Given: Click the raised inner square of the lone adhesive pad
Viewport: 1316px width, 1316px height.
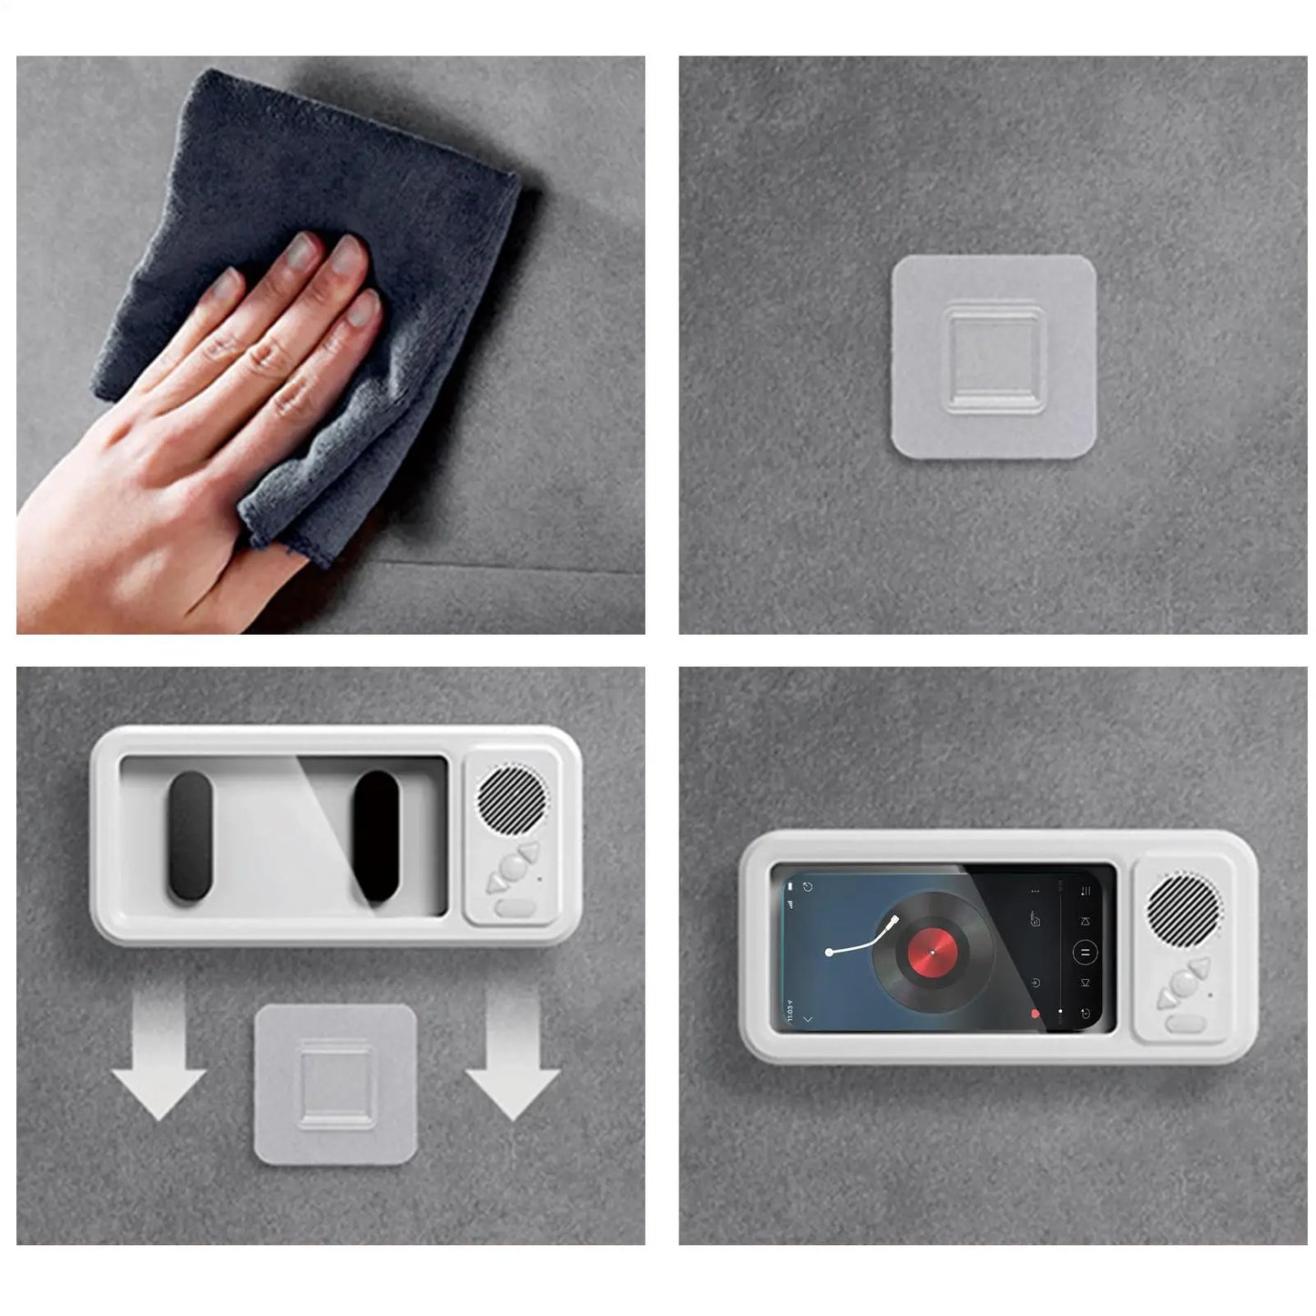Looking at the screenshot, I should click(993, 358).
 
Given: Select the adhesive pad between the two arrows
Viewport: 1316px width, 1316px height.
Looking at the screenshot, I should click(335, 1084).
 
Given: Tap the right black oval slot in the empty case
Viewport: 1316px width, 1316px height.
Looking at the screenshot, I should click(377, 835).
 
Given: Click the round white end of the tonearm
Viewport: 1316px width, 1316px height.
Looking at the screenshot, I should click(830, 953).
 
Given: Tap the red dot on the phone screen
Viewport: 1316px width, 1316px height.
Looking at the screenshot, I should click(1035, 1014).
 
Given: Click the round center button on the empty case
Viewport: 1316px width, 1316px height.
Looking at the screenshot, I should click(514, 869).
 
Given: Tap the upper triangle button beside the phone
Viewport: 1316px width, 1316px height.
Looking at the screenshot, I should click(1199, 968).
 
